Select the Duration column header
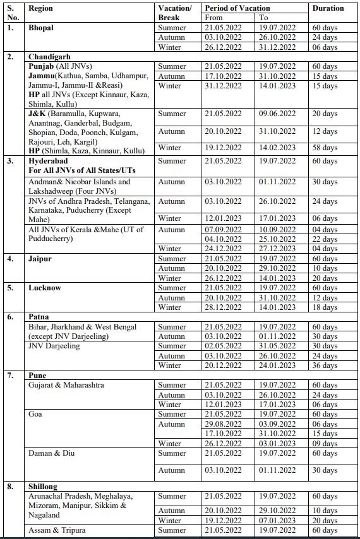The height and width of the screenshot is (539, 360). click(x=328, y=8)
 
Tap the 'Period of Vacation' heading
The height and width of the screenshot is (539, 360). click(x=237, y=8)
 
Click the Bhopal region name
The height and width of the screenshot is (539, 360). click(x=41, y=28)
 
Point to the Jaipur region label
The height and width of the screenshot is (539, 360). click(x=40, y=259)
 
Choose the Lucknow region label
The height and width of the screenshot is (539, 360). click(x=45, y=288)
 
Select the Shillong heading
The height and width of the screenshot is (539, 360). click(x=42, y=487)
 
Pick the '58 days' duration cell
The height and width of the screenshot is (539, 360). click(x=325, y=148)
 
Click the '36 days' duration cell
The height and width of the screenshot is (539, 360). click(x=325, y=365)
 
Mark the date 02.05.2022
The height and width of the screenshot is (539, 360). click(x=223, y=346)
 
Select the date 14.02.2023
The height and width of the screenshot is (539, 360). click(x=277, y=148)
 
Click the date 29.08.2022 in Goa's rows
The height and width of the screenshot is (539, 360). click(x=223, y=424)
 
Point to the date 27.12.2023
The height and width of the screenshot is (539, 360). click(x=277, y=249)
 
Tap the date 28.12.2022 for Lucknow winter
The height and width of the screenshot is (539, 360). click(x=223, y=307)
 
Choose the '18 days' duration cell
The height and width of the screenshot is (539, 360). click(x=325, y=307)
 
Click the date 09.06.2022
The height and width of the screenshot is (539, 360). click(x=277, y=114)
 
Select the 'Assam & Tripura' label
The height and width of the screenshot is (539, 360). click(x=57, y=530)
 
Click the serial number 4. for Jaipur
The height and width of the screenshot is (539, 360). click(x=11, y=259)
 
